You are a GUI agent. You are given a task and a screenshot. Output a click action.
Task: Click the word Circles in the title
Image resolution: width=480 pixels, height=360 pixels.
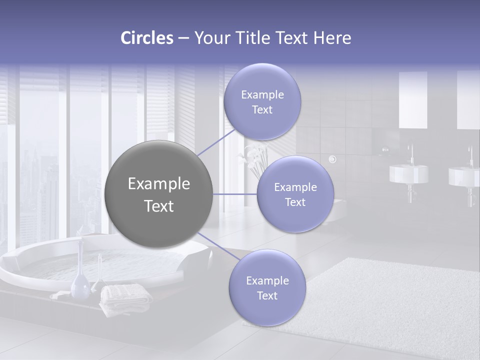(x=146, y=38)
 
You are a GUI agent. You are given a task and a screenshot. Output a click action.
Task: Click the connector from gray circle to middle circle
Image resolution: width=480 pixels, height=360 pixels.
(x=235, y=194)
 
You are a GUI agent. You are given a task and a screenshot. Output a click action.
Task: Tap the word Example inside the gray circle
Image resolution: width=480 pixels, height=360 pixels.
(x=159, y=184)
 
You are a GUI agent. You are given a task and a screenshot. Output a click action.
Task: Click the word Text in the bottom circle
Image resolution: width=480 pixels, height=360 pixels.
(x=267, y=295)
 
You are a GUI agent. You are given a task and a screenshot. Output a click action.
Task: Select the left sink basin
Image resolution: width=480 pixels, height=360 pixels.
(x=408, y=174)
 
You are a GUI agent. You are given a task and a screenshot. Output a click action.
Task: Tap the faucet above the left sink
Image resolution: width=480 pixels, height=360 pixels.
(x=411, y=153)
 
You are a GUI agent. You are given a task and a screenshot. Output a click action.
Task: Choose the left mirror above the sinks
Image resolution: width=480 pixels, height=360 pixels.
(x=413, y=100)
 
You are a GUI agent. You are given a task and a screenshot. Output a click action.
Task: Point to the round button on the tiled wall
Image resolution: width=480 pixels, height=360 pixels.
(x=332, y=159)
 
